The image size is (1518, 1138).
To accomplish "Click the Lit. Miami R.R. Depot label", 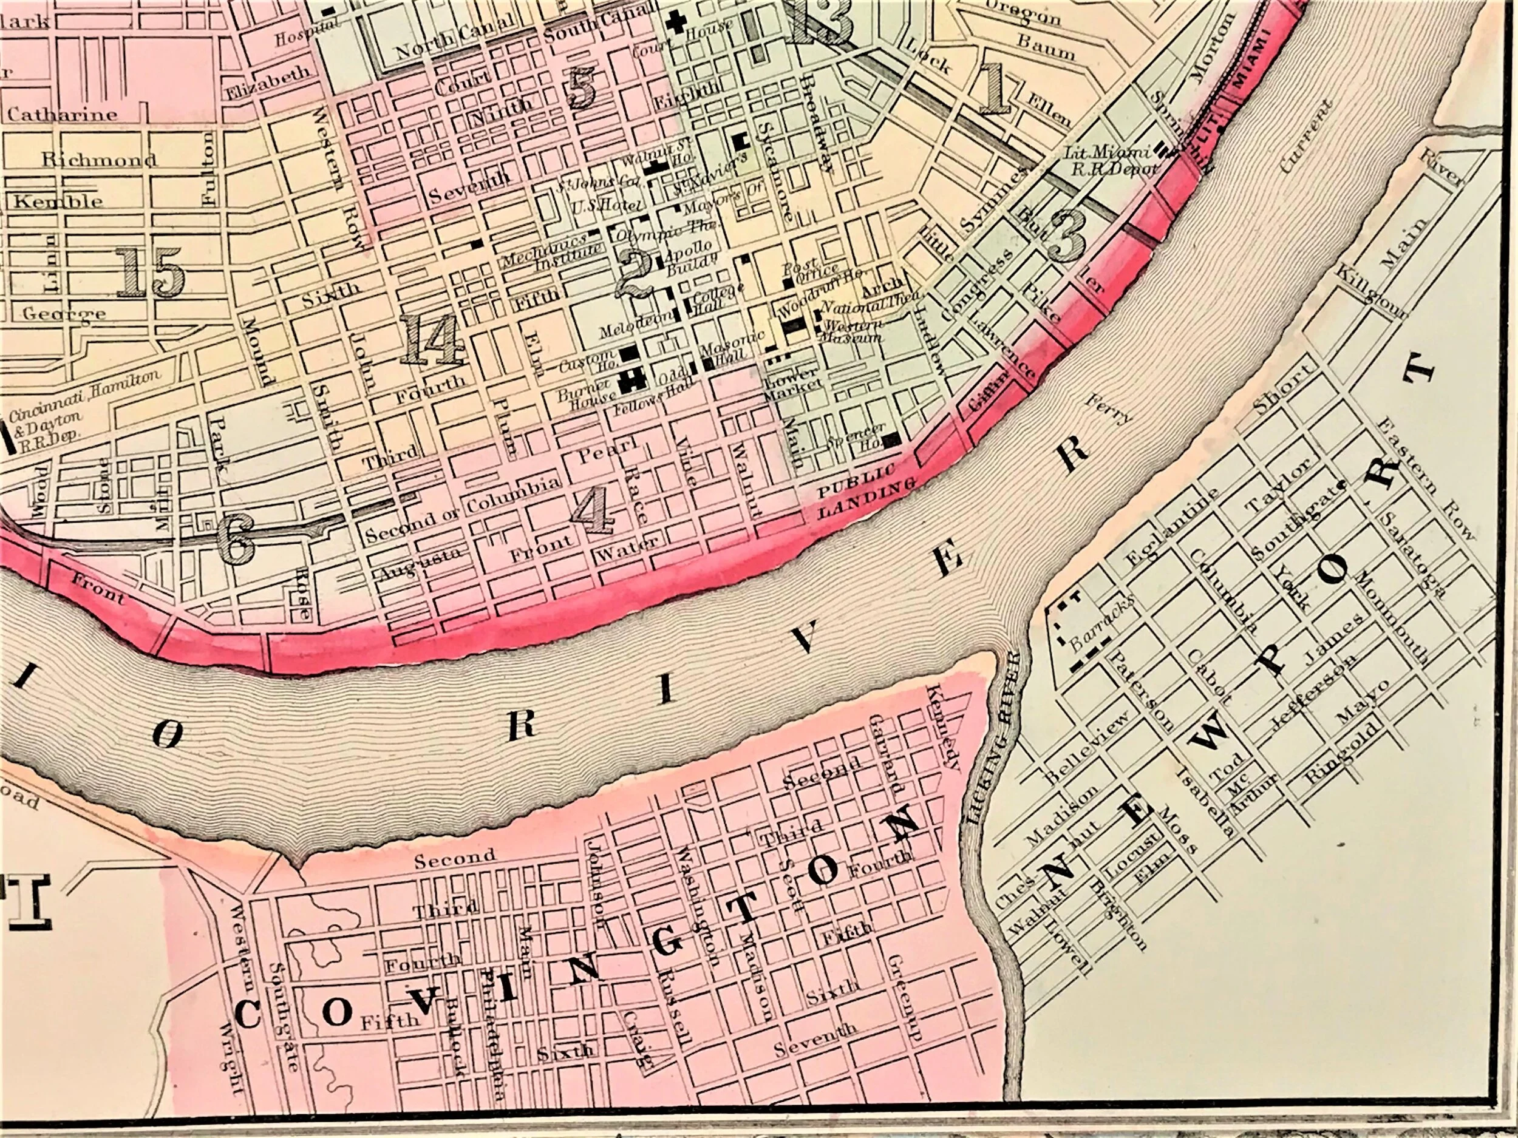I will tap(1111, 162).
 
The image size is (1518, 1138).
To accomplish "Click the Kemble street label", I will tap(58, 201).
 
